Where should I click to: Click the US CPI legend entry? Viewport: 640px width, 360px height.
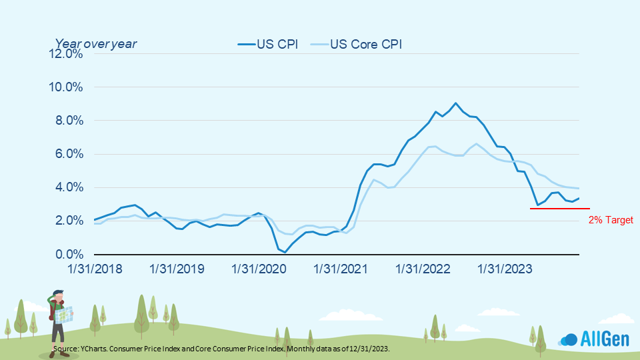pos(267,45)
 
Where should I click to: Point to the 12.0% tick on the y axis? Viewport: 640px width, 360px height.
pos(65,54)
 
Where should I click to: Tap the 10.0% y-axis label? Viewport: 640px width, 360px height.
pos(65,87)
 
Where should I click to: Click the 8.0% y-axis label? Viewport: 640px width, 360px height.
pos(67,121)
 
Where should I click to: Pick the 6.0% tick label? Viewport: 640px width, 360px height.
pos(67,154)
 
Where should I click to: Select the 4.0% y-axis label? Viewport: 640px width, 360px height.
pos(67,187)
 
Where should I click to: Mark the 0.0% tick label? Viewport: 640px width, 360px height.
pos(67,254)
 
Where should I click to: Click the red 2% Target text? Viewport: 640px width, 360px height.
pos(611,220)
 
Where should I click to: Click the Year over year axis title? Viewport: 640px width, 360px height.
pos(95,44)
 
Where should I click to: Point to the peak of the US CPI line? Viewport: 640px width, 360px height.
pos(455,103)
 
